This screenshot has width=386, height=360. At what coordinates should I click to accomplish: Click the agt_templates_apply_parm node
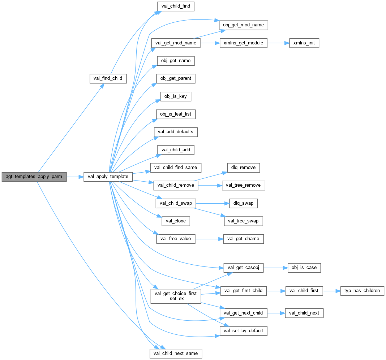click(x=34, y=177)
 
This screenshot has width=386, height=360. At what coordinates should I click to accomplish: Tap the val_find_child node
click(x=108, y=78)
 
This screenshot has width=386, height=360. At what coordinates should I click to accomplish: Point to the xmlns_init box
click(x=304, y=43)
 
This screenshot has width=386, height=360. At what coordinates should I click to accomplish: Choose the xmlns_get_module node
click(x=244, y=43)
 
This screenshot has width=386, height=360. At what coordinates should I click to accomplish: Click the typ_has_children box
click(x=362, y=291)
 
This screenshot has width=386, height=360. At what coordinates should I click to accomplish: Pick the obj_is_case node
click(x=304, y=268)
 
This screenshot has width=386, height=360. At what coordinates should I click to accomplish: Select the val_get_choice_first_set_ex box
click(x=176, y=296)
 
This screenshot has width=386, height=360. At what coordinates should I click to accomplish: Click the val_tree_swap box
click(x=243, y=221)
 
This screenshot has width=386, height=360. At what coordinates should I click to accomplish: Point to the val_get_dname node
click(x=243, y=239)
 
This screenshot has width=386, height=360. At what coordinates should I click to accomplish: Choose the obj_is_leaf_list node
click(x=176, y=114)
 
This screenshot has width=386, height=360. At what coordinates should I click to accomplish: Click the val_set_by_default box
click(x=244, y=331)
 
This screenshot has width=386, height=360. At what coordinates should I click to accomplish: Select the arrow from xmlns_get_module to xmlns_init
click(x=278, y=43)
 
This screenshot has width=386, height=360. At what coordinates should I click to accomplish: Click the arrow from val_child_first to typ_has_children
click(x=331, y=291)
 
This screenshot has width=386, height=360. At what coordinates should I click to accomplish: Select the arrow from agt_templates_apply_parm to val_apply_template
click(x=75, y=177)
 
